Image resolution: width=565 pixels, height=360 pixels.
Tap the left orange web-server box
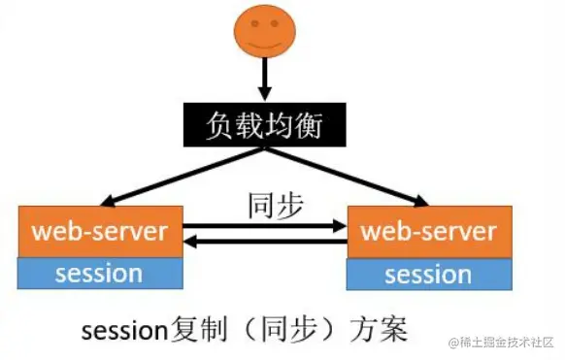pos(100,233)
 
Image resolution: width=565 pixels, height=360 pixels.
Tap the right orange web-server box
pos(428,233)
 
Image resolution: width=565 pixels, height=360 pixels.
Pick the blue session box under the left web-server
pos(100,274)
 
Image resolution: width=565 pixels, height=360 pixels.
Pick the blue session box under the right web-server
pos(428,275)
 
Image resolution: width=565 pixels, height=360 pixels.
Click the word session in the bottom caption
pos(122,330)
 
